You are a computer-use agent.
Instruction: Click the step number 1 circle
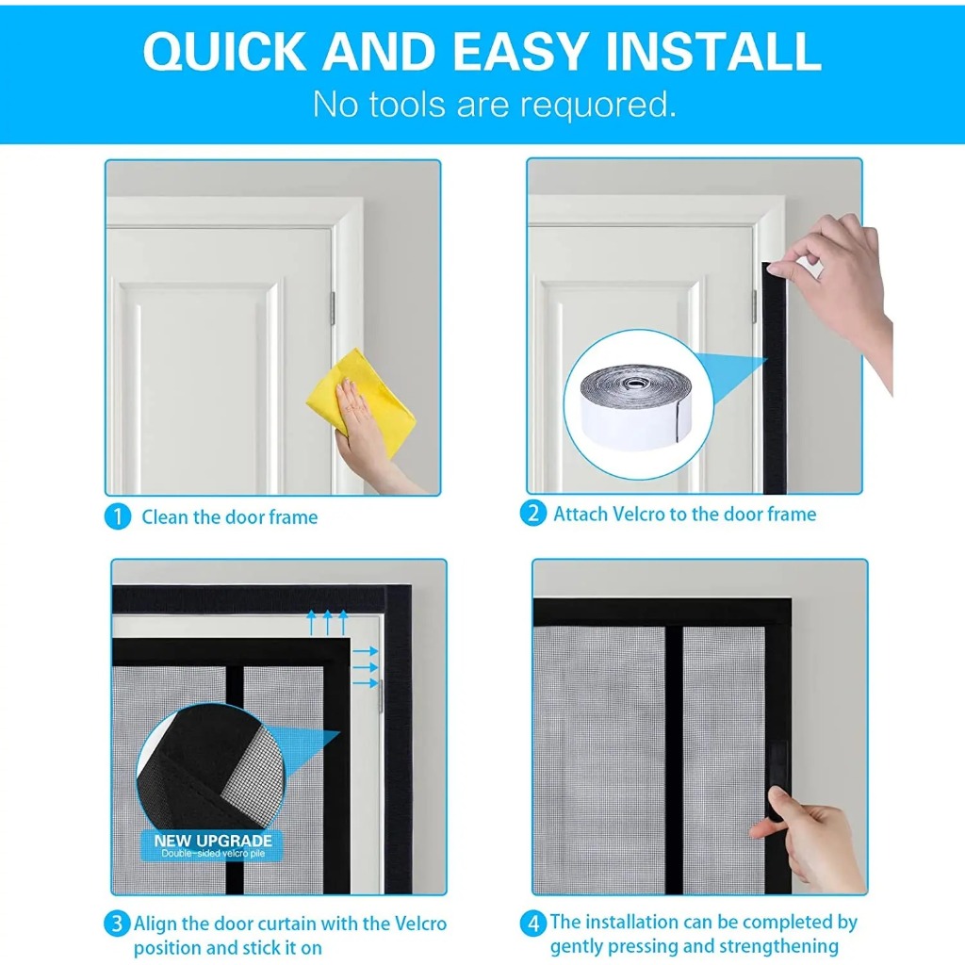pos(118,517)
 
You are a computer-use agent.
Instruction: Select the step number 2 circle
pos(532,514)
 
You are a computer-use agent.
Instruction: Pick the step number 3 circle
pos(116,924)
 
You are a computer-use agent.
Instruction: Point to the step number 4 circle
pos(533,924)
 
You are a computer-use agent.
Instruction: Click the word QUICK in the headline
pos(224,51)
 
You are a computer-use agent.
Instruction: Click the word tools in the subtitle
pos(407,104)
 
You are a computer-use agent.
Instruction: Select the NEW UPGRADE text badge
pos(212,845)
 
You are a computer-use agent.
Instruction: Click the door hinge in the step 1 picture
pos(333,308)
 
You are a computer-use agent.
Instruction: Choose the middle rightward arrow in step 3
pos(365,667)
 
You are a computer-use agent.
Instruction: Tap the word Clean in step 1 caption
pos(165,517)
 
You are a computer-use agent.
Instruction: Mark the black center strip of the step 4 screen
pos(674,761)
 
